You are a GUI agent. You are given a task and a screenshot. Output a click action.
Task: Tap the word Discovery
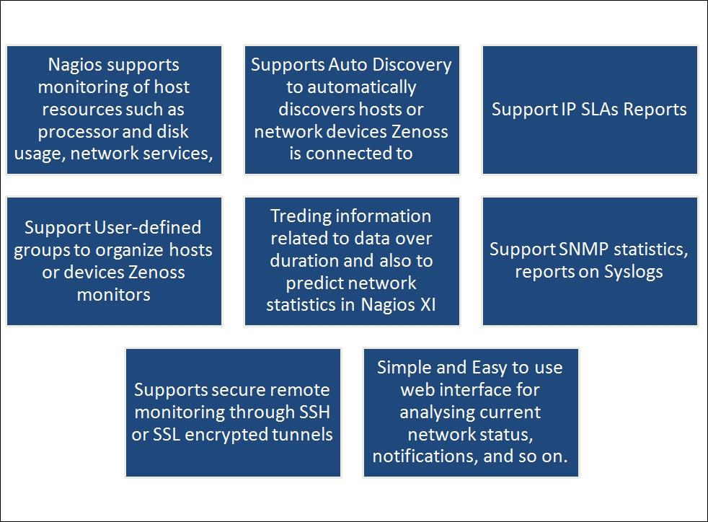coord(413,65)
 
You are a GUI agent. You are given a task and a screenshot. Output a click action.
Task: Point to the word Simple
coord(402,367)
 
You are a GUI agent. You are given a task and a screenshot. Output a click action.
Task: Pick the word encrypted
coord(238,435)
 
